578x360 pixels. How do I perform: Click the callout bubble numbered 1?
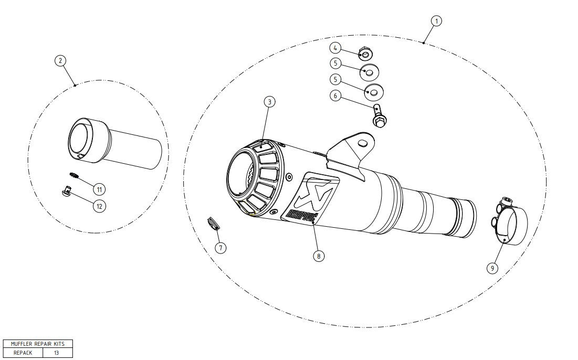pyautogui.click(x=436, y=20)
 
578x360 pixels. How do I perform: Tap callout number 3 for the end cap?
pyautogui.click(x=269, y=102)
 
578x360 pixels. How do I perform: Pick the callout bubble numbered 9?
pyautogui.click(x=492, y=268)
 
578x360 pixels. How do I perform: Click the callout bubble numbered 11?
pyautogui.click(x=99, y=188)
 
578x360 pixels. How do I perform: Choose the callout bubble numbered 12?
pyautogui.click(x=99, y=206)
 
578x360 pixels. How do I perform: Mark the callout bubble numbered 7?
pyautogui.click(x=221, y=247)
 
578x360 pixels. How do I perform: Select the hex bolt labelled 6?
pyautogui.click(x=379, y=116)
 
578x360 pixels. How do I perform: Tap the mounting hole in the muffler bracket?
pyautogui.click(x=362, y=143)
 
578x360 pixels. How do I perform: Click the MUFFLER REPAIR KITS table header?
pyautogui.click(x=38, y=344)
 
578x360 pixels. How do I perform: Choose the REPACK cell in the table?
pyautogui.click(x=23, y=353)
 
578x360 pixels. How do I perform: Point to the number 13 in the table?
pyautogui.click(x=56, y=353)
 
